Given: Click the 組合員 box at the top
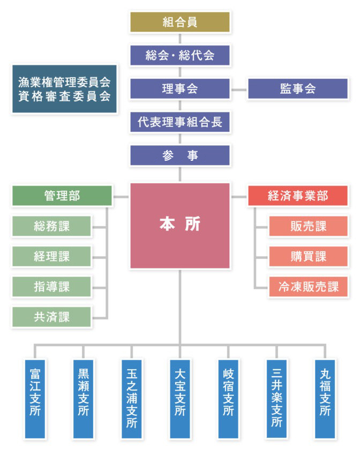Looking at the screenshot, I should (x=180, y=22).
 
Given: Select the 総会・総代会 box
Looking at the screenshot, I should (x=180, y=55).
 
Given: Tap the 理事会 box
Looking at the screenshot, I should (x=180, y=89).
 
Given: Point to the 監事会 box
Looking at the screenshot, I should (x=297, y=89).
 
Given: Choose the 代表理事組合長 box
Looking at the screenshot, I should (x=180, y=122).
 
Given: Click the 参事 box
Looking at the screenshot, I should (x=180, y=155).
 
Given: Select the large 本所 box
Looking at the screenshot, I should (x=180, y=225).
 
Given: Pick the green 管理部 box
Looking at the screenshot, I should (x=62, y=196).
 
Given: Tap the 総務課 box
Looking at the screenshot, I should (x=52, y=226).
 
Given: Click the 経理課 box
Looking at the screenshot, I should (x=52, y=256).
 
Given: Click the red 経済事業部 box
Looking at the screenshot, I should (x=298, y=196).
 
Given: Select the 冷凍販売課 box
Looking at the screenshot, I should (x=309, y=286).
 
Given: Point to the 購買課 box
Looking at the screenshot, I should (x=309, y=256).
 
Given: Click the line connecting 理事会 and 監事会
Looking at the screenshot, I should (x=238, y=89).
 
